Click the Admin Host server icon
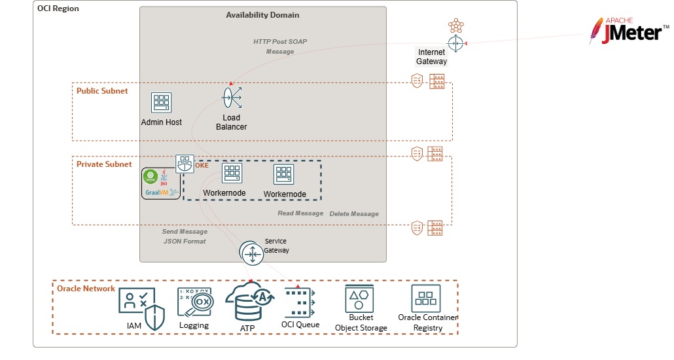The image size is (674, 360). tap(161, 102)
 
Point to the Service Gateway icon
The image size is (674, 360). tap(251, 253)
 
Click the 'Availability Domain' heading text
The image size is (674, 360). tap(262, 15)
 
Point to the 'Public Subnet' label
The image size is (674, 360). tap(102, 91)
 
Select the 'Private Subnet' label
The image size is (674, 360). tap(104, 164)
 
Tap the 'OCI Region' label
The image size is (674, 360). tap(58, 9)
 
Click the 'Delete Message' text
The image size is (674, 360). tap(354, 214)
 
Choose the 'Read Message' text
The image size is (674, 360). tap(300, 213)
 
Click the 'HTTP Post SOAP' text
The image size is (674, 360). tap(280, 41)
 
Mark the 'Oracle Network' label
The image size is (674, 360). tap(86, 289)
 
